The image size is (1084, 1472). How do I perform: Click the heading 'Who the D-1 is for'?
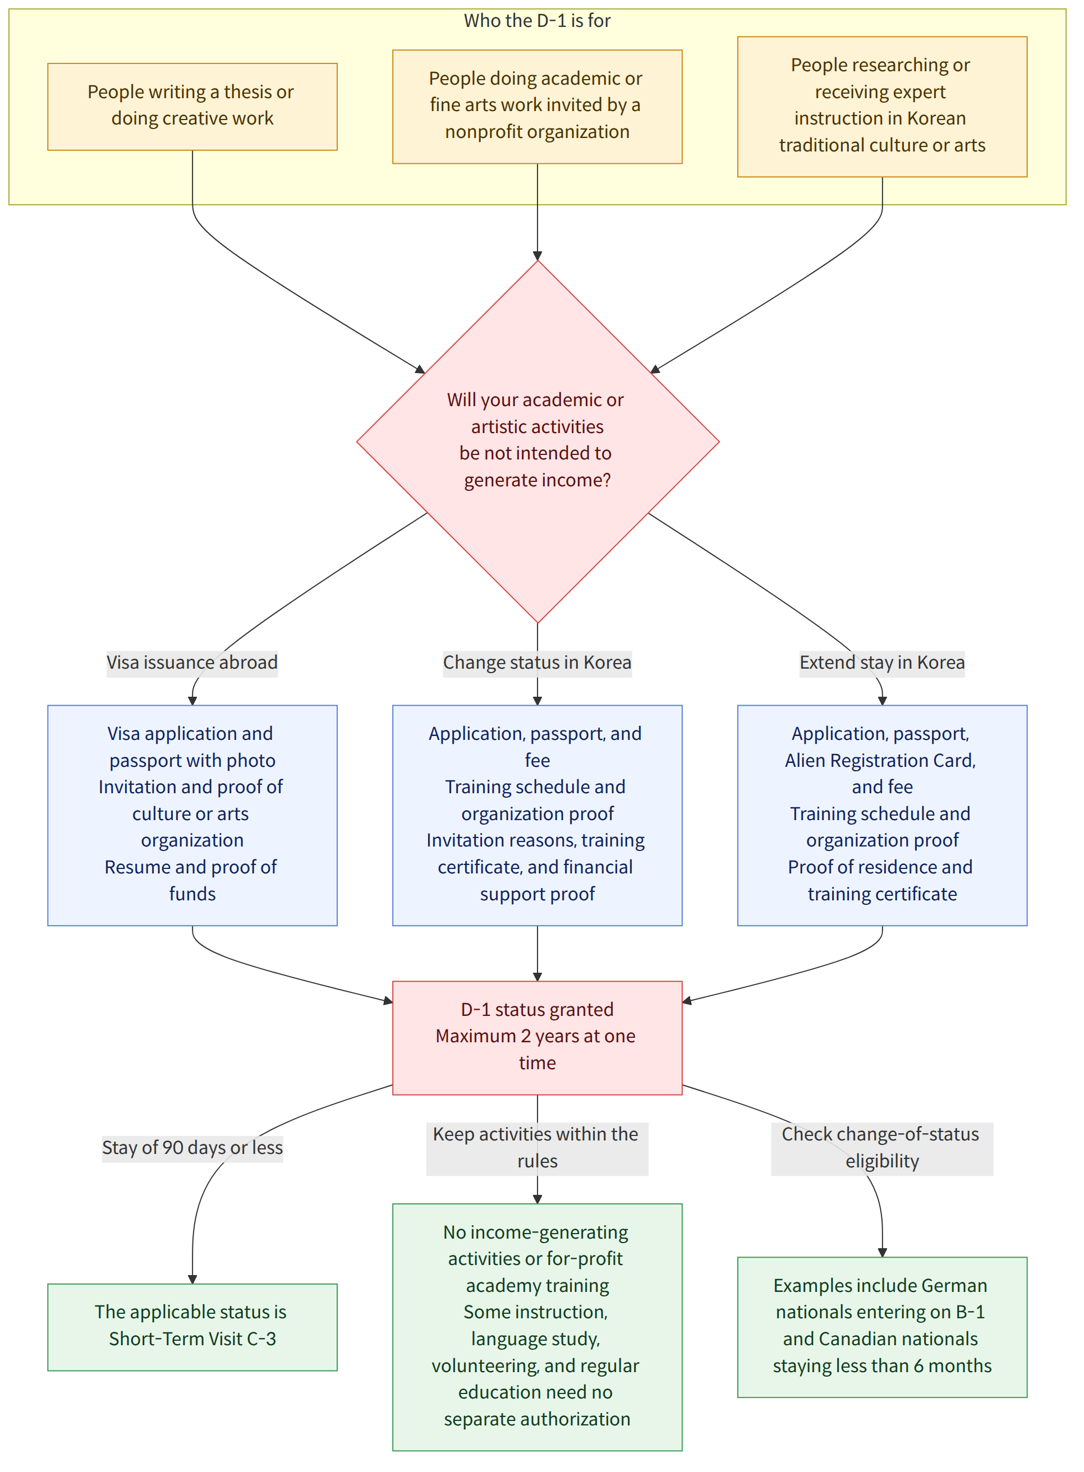click(537, 21)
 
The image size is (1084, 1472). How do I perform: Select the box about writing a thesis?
click(192, 107)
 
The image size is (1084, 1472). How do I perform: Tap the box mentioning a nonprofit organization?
click(537, 107)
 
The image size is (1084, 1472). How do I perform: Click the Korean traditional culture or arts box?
click(882, 107)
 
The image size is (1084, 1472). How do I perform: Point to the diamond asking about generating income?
click(538, 441)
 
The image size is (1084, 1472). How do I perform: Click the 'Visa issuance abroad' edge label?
click(192, 663)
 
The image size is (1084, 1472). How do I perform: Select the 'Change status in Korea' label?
click(537, 663)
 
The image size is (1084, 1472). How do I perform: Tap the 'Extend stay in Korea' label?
click(882, 663)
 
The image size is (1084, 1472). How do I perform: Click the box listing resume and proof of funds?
click(192, 815)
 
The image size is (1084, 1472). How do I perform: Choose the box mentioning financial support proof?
click(537, 815)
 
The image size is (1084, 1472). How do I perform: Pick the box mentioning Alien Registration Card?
click(882, 815)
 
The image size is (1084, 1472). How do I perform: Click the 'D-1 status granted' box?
click(537, 1038)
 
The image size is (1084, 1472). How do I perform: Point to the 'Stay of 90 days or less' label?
click(192, 1148)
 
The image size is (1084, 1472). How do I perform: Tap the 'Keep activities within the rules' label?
click(537, 1148)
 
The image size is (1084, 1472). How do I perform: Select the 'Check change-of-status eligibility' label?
click(882, 1148)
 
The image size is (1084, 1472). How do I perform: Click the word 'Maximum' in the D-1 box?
click(476, 1037)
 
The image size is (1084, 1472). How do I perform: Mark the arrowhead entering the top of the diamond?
click(538, 256)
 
